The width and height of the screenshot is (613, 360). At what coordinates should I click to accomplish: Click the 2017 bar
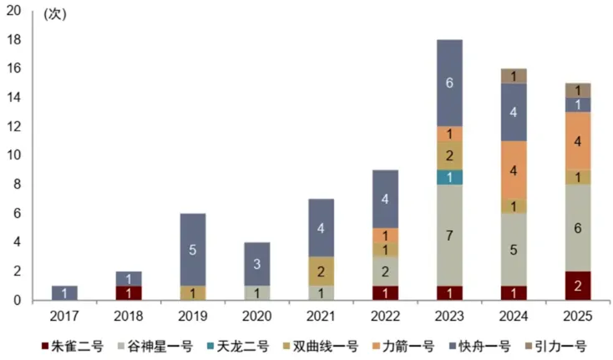pos(64,293)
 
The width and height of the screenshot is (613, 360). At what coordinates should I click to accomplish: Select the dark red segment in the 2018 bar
pos(129,293)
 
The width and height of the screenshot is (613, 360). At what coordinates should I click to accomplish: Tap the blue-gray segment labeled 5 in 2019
pos(193,250)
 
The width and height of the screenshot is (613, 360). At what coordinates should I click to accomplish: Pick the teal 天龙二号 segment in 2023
pos(449,177)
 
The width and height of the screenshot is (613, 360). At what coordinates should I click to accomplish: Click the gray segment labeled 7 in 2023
pos(449,235)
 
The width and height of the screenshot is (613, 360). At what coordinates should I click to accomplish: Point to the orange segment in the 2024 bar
pos(514,170)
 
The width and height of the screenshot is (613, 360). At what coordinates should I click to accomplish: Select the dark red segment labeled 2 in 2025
pos(578,286)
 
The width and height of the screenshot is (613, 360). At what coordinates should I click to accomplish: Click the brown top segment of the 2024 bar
pos(514,76)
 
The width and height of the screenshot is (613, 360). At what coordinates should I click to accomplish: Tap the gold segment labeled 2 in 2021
pos(321,271)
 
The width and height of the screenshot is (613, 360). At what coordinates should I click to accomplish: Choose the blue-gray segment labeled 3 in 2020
pos(257,264)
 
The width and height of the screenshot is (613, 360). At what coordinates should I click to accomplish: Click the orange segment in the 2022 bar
pos(386,235)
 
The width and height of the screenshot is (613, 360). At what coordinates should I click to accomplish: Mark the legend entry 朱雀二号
pos(73,347)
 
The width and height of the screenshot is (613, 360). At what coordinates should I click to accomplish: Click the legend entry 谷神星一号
pos(155,347)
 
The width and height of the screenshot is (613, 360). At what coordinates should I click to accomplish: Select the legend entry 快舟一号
pos(480,347)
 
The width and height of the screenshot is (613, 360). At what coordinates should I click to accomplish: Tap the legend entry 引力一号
pos(556,347)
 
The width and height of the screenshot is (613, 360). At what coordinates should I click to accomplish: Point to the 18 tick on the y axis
pos(14,40)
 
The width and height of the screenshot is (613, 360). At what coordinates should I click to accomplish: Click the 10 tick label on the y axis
pos(14,155)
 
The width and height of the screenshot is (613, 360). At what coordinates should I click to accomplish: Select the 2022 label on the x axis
pos(386,316)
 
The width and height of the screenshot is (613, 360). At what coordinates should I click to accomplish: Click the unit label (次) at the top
pos(55,14)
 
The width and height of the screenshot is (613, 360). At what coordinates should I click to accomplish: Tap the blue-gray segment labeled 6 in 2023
pos(449,83)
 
